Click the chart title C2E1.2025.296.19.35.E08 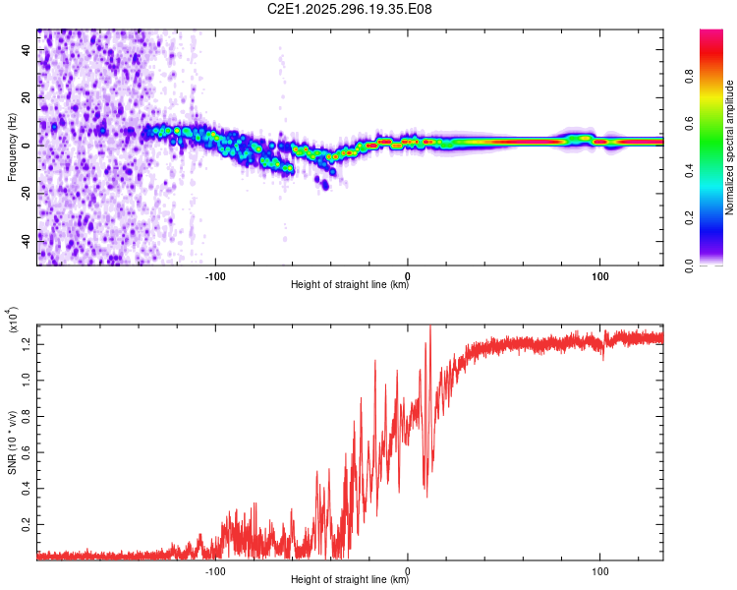[350, 10]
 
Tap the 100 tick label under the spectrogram [599, 274]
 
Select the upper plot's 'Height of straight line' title [350, 285]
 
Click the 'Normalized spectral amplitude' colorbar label [730, 147]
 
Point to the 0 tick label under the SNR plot [408, 569]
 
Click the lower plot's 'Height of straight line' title [350, 580]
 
